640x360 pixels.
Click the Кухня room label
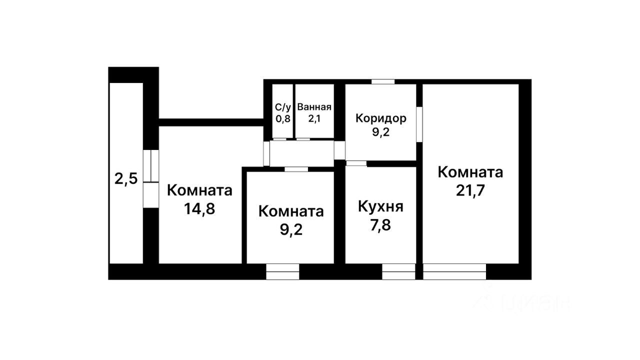380,206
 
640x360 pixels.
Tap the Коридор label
380,118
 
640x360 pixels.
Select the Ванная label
314,107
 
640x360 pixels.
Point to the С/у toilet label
282,107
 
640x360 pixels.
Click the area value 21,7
470,191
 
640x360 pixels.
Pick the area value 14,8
199,208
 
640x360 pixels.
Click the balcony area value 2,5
126,178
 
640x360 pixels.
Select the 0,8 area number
282,119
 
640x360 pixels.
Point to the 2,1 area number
314,119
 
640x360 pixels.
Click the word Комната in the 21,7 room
470,172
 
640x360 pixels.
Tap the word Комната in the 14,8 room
199,190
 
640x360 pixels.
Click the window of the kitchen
398,271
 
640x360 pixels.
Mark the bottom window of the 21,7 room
454,271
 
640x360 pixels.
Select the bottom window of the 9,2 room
282,271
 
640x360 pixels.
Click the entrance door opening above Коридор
383,81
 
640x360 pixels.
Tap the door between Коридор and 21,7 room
419,124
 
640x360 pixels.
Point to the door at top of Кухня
356,163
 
